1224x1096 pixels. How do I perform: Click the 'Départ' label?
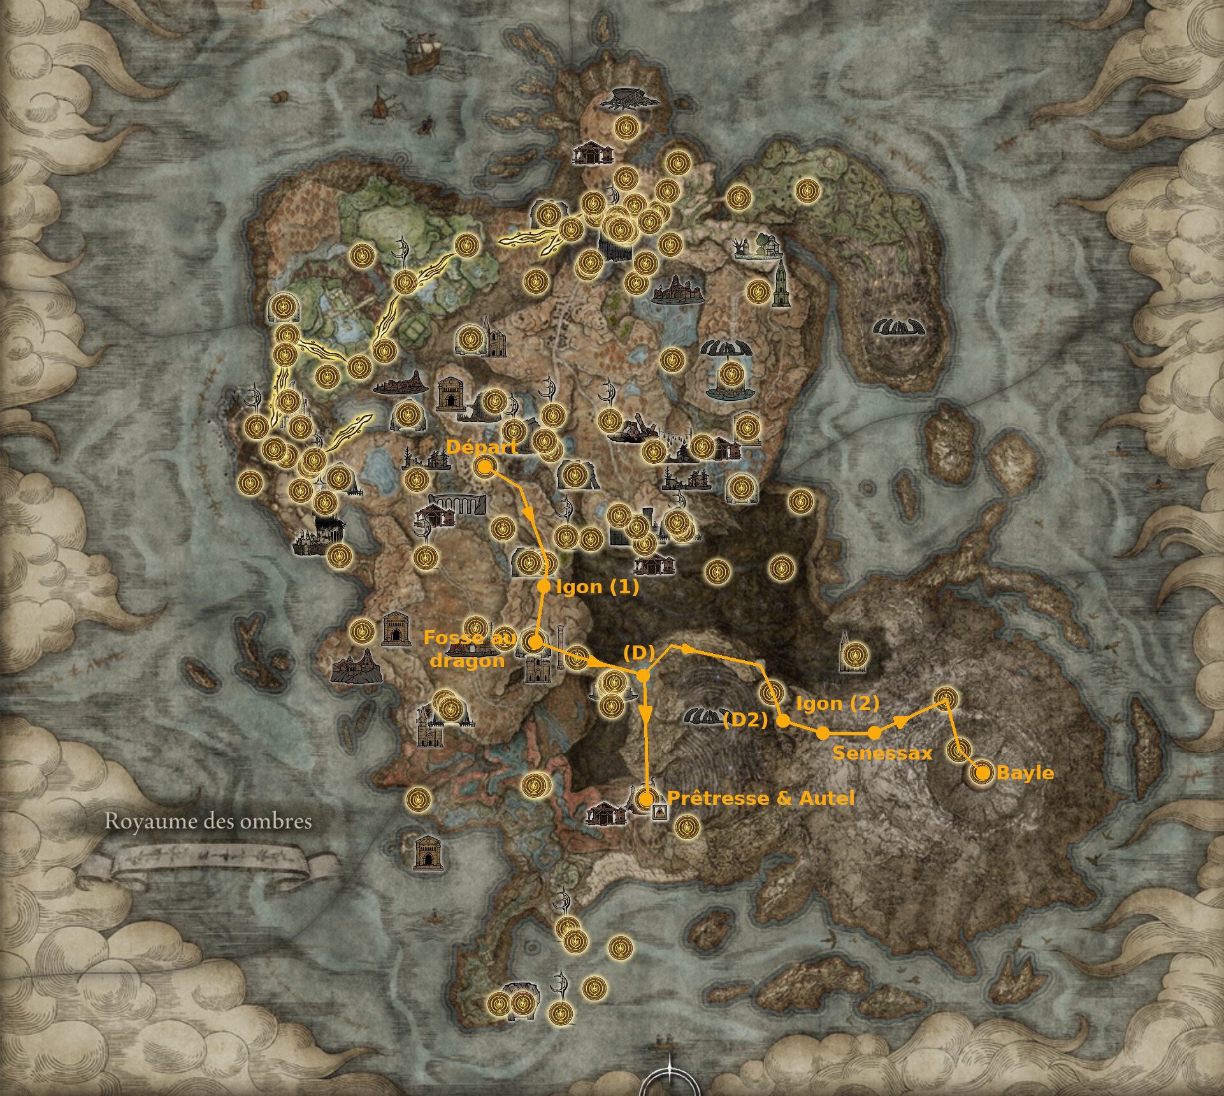[x=482, y=447]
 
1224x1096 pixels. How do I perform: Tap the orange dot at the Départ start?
[x=484, y=467]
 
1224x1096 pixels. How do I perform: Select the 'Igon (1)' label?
[x=597, y=587]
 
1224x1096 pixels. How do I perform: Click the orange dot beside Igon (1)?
[x=544, y=586]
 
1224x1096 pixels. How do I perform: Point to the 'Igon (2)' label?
[x=837, y=703]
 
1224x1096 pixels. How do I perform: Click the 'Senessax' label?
[x=882, y=753]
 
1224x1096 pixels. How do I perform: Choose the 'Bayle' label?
[x=1025, y=773]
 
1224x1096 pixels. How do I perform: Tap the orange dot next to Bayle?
[x=983, y=773]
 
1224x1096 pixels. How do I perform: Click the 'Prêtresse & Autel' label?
[x=760, y=798]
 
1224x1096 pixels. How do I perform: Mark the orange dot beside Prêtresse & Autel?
[x=646, y=798]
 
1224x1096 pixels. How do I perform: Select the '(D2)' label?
[x=745, y=721]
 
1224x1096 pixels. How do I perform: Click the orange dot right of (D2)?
[x=784, y=721]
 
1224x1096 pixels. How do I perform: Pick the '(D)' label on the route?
[x=639, y=653]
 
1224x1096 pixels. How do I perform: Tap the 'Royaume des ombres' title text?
[x=208, y=821]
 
